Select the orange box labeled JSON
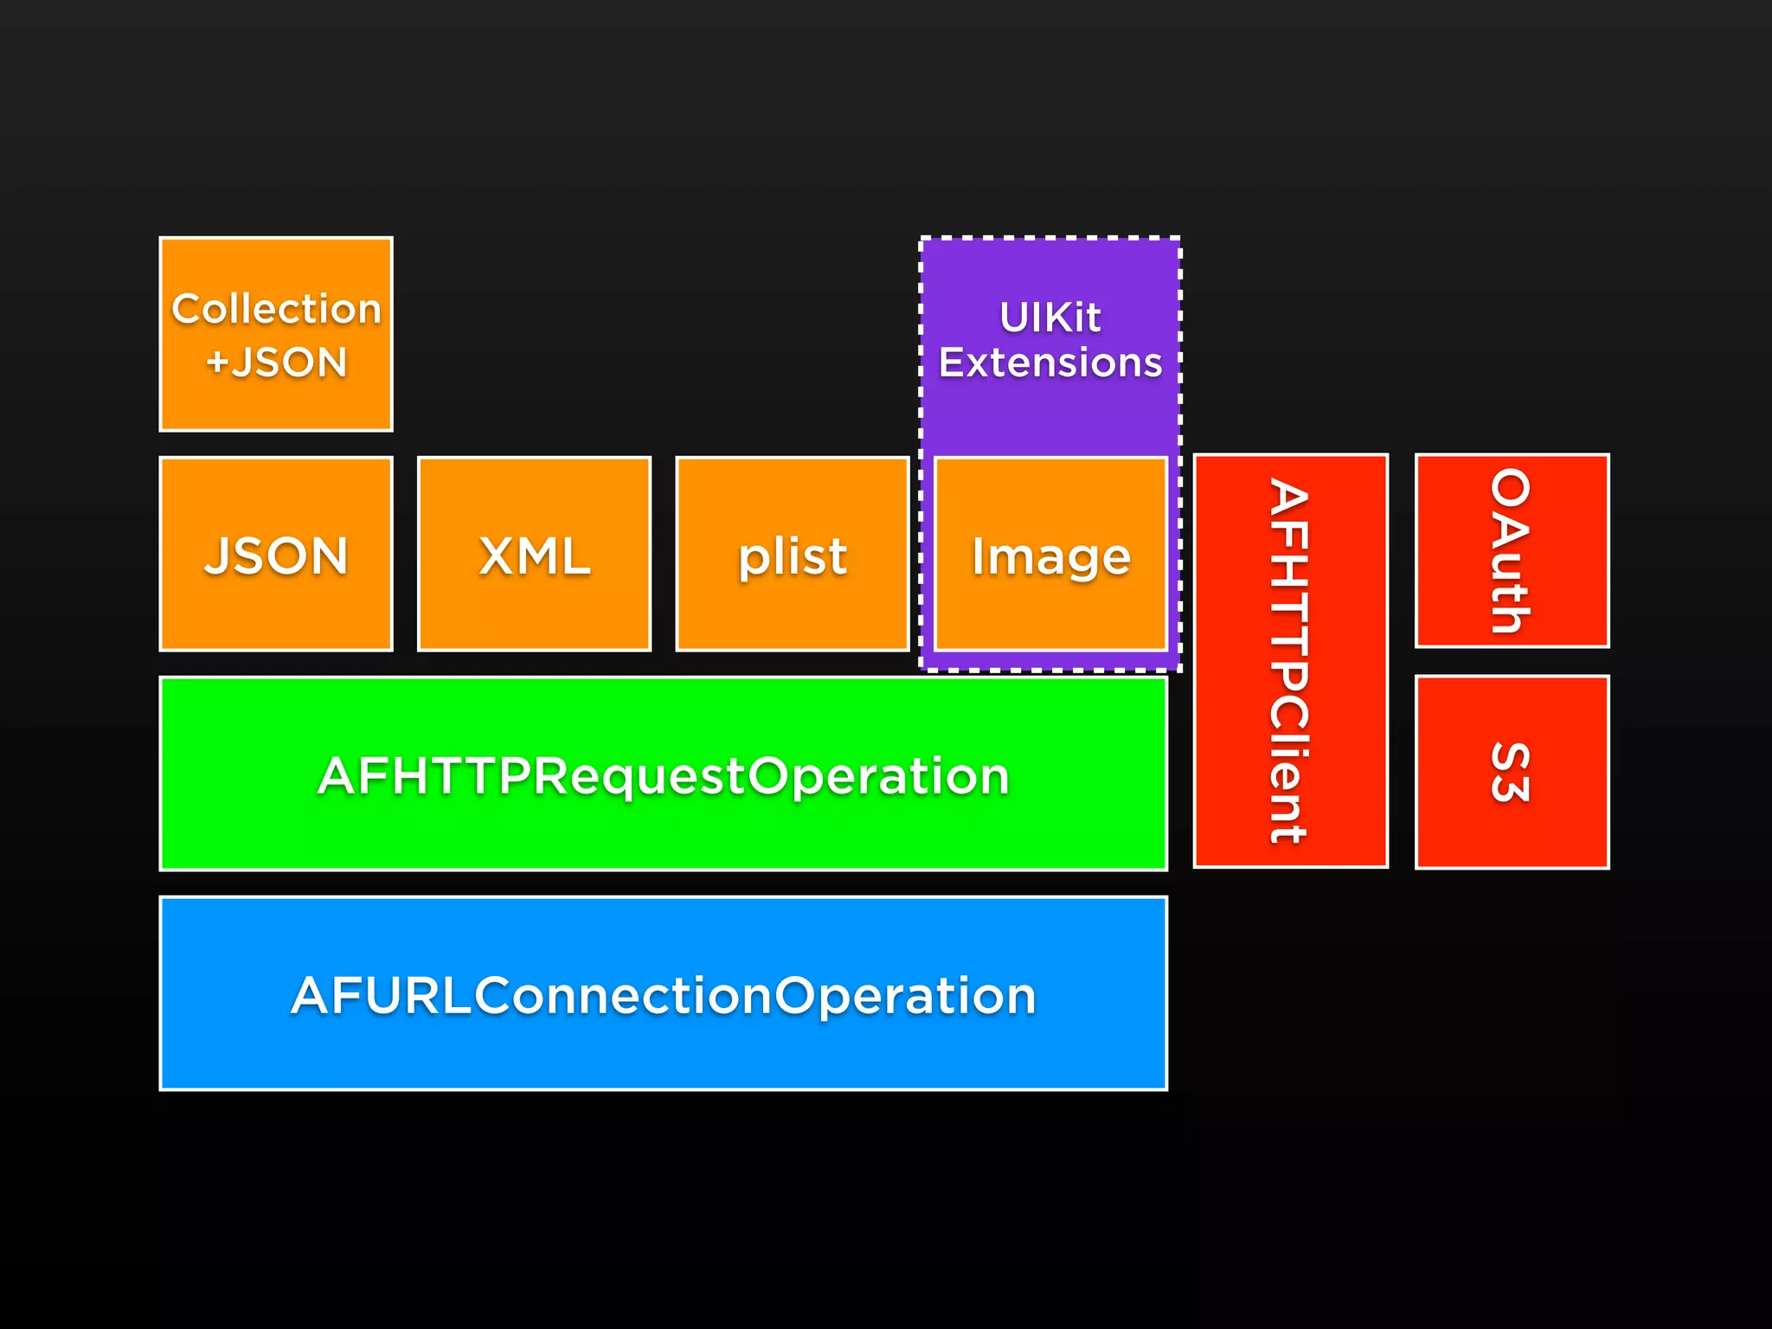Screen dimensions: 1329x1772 click(276, 555)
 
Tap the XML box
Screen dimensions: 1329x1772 click(534, 555)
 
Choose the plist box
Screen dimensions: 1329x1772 click(792, 555)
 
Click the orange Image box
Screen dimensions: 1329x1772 click(1050, 555)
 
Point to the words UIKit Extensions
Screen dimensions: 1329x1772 click(1050, 339)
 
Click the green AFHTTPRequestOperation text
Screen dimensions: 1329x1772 click(664, 775)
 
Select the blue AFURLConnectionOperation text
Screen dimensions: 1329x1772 click(664, 995)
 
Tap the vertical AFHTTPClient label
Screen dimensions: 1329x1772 click(1289, 661)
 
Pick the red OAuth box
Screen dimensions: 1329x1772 click(1512, 551)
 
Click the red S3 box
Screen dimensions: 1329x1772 click(1512, 772)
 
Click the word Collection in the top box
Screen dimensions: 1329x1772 click(276, 309)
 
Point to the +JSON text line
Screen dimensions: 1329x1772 click(276, 362)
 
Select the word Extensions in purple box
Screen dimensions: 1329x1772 click(1050, 362)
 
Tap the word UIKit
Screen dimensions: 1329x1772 click(1050, 317)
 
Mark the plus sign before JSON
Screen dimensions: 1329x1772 click(216, 362)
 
